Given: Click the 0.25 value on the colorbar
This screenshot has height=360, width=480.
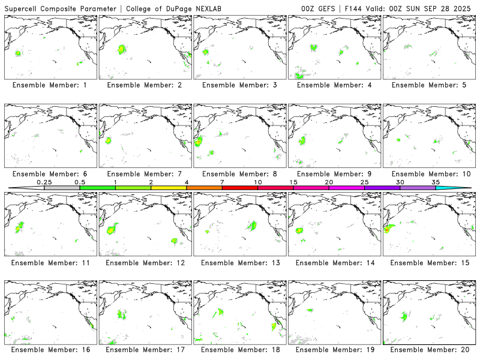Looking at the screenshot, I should pyautogui.click(x=44, y=182).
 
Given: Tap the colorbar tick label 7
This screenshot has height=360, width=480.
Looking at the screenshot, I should pyautogui.click(x=222, y=182).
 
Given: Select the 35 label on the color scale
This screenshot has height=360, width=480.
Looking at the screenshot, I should pyautogui.click(x=436, y=182).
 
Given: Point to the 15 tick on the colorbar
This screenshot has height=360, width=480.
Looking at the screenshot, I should pyautogui.click(x=293, y=182).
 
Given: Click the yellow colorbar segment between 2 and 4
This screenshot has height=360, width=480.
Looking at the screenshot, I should pyautogui.click(x=169, y=188).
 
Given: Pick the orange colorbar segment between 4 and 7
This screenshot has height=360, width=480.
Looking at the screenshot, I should pyautogui.click(x=204, y=188).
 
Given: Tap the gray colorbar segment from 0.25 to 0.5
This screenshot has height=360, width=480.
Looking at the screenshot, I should pyautogui.click(x=62, y=188).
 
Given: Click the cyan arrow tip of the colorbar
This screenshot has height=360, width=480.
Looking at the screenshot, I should pyautogui.click(x=462, y=188).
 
